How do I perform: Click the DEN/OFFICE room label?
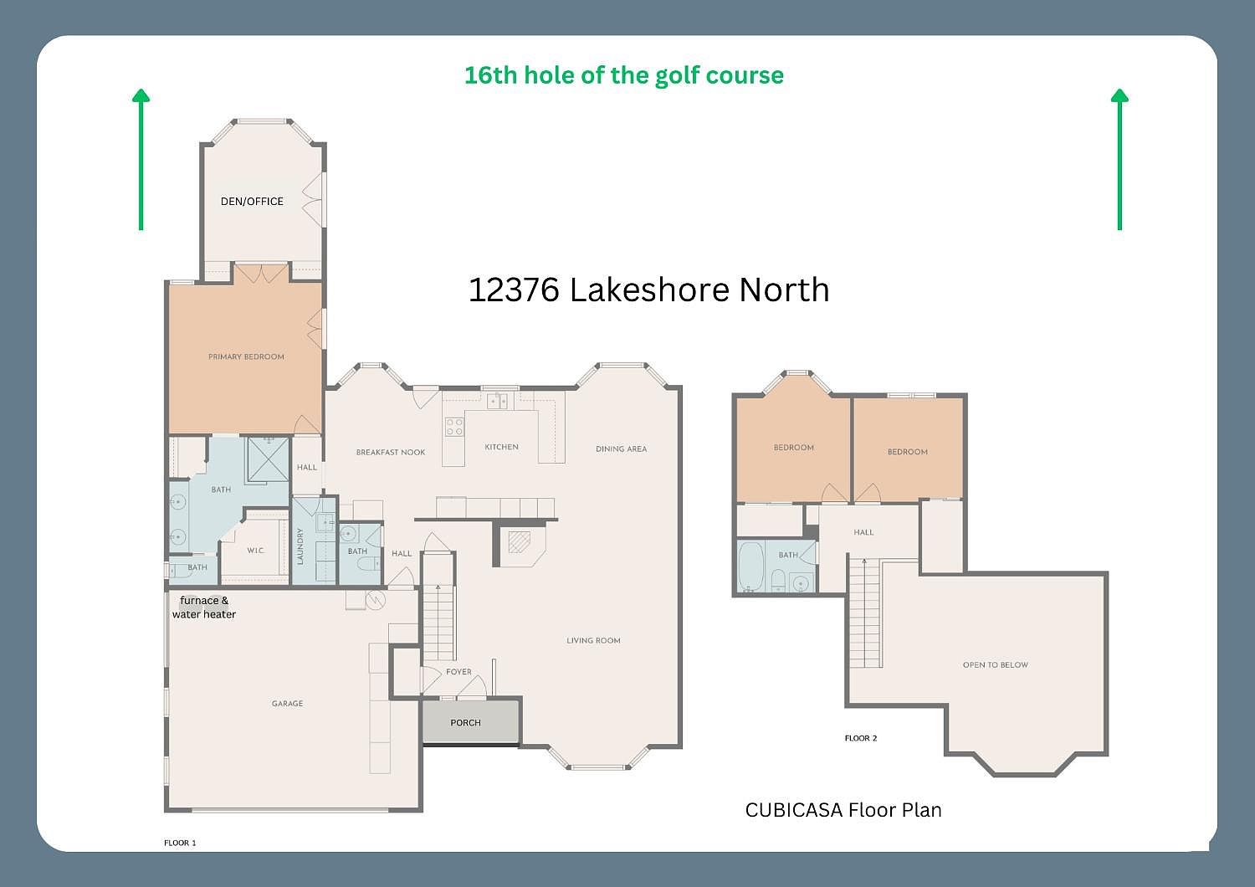click(252, 202)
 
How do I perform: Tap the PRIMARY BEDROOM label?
click(246, 357)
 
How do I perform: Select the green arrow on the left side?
click(141, 159)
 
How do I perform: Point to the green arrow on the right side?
click(1119, 159)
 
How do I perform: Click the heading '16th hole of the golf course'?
click(623, 75)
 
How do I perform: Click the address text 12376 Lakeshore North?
click(648, 290)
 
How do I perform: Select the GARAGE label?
click(287, 704)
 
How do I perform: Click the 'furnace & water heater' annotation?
click(204, 608)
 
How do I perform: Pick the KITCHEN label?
click(501, 448)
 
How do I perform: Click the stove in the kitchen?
click(453, 427)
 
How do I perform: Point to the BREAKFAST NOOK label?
click(391, 453)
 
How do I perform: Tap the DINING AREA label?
click(621, 449)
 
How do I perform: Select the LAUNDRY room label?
click(300, 546)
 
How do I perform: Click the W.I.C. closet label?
click(256, 551)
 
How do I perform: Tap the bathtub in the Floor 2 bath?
click(750, 567)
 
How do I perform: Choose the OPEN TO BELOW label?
click(995, 665)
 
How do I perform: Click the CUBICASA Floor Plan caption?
click(843, 810)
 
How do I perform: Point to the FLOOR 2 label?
click(861, 738)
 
